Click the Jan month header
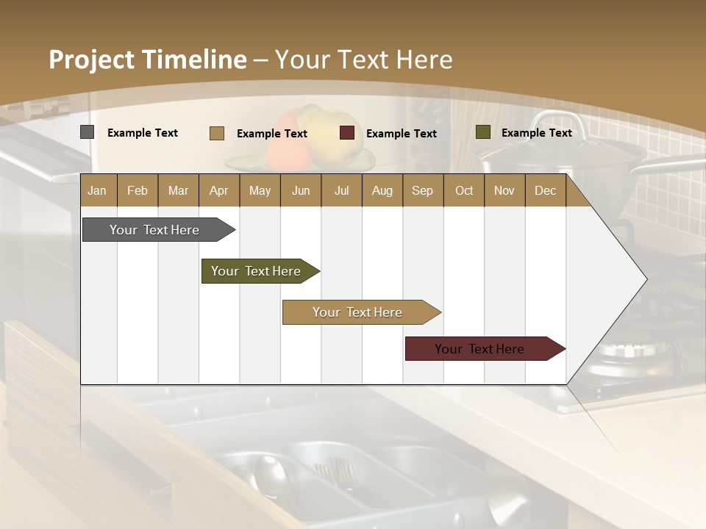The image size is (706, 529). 97,190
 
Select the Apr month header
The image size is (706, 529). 218,190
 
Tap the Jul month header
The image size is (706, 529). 341,190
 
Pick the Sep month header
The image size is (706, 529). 422,190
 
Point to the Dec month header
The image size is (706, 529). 545,190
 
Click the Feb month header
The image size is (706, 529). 138,190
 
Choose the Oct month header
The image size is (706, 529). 464,190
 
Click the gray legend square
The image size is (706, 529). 87,132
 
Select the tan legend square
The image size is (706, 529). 216,133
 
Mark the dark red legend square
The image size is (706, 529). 347,133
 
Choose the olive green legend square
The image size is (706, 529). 482,132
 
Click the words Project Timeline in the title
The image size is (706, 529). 148,60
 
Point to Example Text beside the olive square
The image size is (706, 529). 536,133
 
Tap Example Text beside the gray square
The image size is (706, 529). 143,133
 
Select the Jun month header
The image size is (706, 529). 301,190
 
